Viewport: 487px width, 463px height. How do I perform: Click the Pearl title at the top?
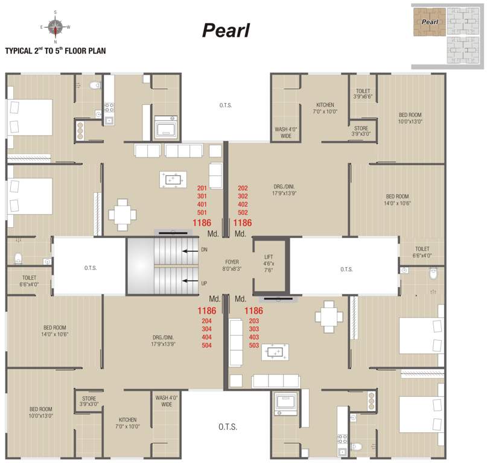coord(226,30)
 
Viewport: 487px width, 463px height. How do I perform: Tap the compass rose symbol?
coord(56,27)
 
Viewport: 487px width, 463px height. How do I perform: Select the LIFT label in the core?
coord(269,257)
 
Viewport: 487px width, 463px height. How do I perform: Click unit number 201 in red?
coord(202,189)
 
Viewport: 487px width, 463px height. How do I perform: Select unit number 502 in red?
coord(243,212)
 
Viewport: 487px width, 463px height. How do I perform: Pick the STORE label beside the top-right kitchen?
coord(361,131)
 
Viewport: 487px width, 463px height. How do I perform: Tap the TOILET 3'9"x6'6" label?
coord(363,93)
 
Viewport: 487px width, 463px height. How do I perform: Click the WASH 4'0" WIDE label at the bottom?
coord(167,401)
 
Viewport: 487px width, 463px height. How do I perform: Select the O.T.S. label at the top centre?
coord(226,106)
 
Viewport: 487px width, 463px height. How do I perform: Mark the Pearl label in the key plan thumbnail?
coord(429,22)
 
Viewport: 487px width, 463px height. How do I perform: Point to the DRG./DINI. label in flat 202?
coord(283,190)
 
